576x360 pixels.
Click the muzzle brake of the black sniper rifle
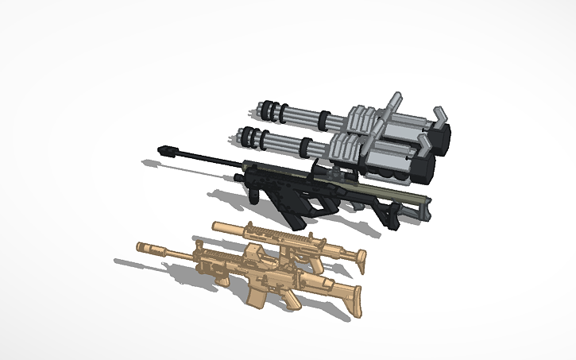pos(168,149)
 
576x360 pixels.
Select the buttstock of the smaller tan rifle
pos(354,257)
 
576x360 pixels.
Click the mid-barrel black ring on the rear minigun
pos(325,122)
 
